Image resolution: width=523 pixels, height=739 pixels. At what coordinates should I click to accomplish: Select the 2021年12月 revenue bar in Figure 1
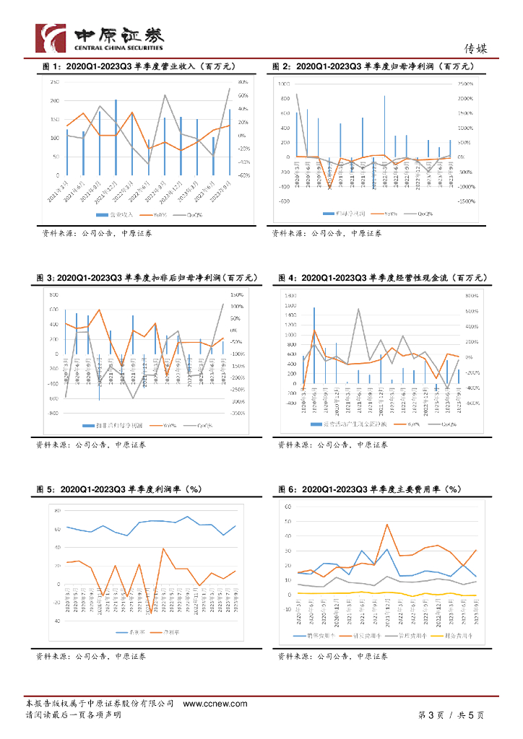pos(116,137)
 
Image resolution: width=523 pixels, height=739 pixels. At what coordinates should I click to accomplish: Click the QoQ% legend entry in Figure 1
pos(191,214)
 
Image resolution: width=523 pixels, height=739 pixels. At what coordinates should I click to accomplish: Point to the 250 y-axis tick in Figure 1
pos(55,82)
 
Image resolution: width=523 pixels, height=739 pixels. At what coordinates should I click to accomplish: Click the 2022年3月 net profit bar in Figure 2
pos(384,126)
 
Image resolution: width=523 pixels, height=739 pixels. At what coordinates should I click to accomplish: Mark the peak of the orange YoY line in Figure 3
pos(99,310)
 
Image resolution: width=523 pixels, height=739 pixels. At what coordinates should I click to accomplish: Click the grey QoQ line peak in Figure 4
pos(358,310)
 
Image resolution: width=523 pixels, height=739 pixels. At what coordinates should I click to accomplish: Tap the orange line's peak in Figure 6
pos(387,525)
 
